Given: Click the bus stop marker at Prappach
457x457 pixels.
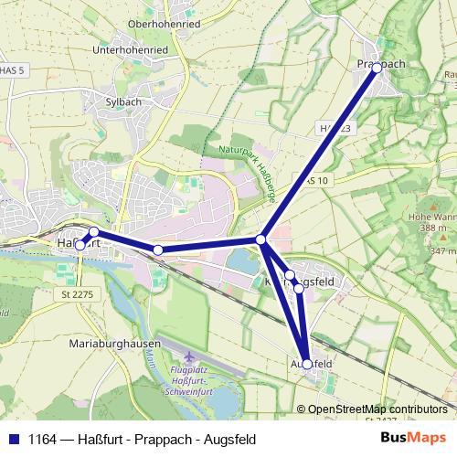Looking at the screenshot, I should [x=377, y=68].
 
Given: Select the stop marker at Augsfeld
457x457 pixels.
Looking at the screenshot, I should [x=307, y=364].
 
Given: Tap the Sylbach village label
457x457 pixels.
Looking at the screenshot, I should [x=123, y=102].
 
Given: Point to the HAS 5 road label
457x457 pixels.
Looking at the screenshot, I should [x=10, y=69].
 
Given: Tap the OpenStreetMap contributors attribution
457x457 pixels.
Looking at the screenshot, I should [x=377, y=409].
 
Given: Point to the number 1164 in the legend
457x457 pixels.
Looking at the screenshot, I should [x=41, y=438].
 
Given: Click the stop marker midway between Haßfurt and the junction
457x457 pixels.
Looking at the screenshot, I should [x=158, y=250].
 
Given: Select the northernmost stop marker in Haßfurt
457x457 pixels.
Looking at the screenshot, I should [x=93, y=231].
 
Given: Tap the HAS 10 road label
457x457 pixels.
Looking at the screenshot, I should [x=314, y=181].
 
